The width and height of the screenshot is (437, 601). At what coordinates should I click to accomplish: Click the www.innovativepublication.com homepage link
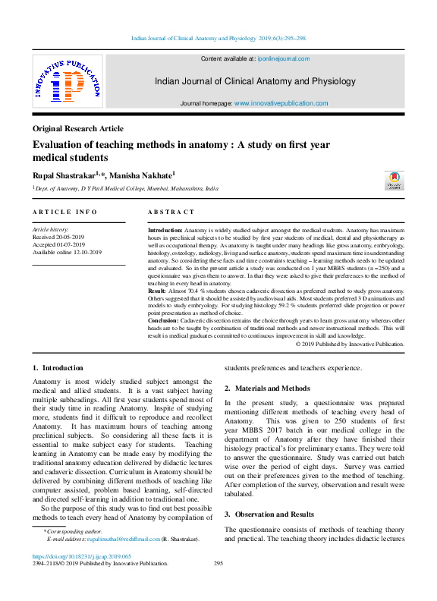point(281,103)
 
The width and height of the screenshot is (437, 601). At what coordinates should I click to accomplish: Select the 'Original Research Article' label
point(79,129)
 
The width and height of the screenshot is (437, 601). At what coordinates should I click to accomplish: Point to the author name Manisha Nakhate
point(145,175)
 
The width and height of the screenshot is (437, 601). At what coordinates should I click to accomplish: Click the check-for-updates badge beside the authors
point(395,181)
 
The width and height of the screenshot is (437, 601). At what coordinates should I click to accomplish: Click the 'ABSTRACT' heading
point(171,212)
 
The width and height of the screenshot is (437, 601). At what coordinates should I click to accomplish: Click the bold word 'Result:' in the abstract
point(156,291)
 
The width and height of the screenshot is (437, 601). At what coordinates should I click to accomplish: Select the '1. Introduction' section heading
point(58,368)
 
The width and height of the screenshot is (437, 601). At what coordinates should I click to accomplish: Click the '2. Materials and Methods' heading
point(267,388)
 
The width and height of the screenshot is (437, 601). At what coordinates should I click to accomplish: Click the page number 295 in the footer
point(218,564)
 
